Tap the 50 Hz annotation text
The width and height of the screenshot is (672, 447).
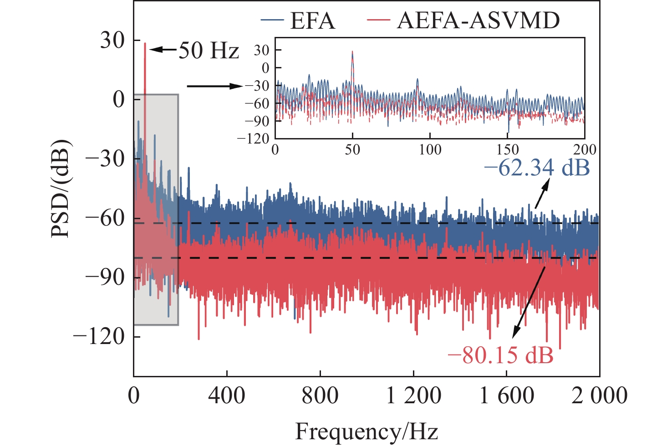click(209, 50)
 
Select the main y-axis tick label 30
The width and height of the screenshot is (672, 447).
click(112, 41)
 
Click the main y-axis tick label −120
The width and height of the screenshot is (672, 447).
click(99, 337)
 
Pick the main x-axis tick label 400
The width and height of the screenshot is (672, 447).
click(227, 396)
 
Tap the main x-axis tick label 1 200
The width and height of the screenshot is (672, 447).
click(413, 396)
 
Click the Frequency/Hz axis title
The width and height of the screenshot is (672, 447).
click(367, 431)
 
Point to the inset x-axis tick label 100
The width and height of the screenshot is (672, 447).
click(430, 150)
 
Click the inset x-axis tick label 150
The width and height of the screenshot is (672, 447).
click(507, 150)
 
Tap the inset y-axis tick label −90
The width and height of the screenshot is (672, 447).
click(257, 121)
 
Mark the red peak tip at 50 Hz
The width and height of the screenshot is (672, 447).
click(145, 44)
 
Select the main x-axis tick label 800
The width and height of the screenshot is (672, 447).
click(320, 396)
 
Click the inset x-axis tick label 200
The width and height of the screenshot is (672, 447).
click(585, 150)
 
